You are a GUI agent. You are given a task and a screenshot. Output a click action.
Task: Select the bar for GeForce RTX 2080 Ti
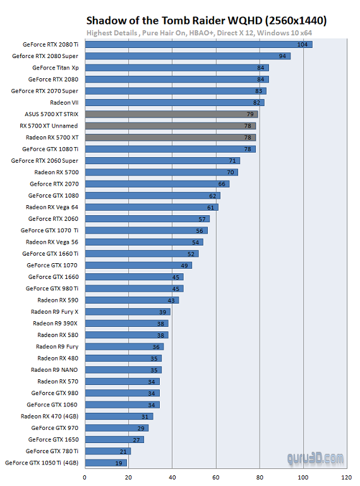pos(198,44)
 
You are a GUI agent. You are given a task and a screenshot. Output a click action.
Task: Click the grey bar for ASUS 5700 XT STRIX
pos(171,114)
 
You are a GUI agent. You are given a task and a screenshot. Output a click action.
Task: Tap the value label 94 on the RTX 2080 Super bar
pos(284,56)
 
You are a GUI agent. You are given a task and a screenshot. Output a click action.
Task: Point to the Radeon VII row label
pos(64,102)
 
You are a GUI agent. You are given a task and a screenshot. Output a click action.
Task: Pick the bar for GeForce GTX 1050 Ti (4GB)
pos(105,463)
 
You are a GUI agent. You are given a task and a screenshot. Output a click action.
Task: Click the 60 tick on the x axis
pos(216,477)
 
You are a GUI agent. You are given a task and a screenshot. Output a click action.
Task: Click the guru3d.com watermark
pos(314,458)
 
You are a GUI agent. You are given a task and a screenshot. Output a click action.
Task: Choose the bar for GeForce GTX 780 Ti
pos(107,451)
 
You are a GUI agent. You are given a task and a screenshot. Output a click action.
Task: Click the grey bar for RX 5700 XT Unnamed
pos(170,126)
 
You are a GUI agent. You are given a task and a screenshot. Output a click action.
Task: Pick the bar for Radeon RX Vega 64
pos(151,207)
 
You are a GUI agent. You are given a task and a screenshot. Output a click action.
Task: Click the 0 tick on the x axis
pos(85,477)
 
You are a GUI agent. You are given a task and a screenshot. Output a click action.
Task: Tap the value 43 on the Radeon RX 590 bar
pos(172,300)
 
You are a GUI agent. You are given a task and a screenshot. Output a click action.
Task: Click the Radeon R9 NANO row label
pos(54,370)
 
